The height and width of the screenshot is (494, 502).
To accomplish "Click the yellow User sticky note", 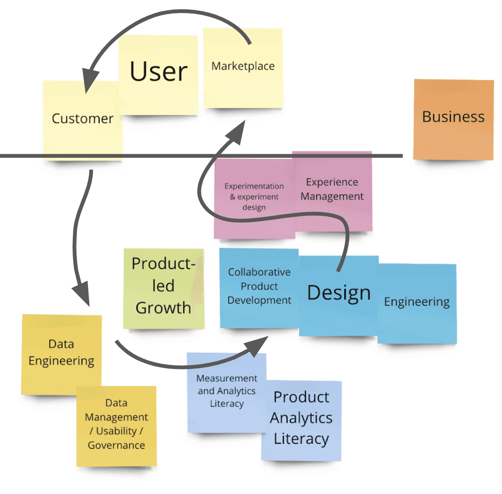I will click(x=158, y=72).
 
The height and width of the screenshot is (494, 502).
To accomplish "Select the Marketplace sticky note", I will click(x=243, y=66).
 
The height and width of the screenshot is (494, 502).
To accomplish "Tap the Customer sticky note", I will click(x=82, y=119).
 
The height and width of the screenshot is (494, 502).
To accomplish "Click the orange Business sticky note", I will click(x=453, y=117).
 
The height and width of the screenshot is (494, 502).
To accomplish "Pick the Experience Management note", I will click(x=332, y=189).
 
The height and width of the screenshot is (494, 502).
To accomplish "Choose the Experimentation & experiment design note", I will click(x=254, y=197).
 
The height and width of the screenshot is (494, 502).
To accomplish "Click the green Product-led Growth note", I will click(x=163, y=286).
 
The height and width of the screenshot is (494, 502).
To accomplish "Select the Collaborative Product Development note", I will click(x=259, y=286).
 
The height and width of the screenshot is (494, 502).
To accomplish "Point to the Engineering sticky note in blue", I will click(x=417, y=302).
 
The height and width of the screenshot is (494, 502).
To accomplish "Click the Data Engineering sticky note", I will click(x=61, y=352).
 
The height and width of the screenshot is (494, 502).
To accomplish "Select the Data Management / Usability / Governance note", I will click(x=116, y=424).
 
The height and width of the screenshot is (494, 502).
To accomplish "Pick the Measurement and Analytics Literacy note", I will click(x=227, y=391).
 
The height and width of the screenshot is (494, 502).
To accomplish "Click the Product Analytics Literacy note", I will click(x=301, y=418).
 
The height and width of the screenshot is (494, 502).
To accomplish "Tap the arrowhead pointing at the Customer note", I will click(x=90, y=80).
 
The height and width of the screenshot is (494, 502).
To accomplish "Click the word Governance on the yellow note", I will click(x=116, y=445).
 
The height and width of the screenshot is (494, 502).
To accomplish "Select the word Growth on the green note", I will click(x=163, y=308).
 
